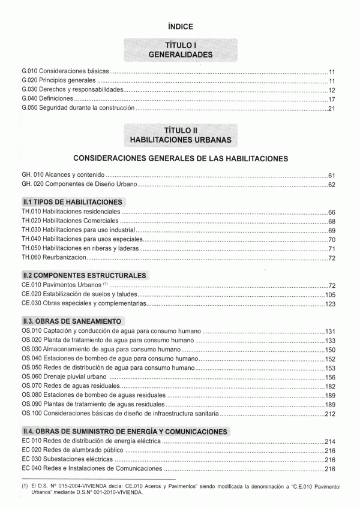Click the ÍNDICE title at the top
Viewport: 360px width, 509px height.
(x=180, y=26)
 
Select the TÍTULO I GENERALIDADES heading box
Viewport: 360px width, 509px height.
(x=180, y=50)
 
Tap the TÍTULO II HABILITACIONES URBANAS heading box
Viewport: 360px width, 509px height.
(x=180, y=134)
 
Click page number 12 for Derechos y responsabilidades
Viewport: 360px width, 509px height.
(x=331, y=90)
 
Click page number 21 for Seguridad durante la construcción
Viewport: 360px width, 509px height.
(x=331, y=109)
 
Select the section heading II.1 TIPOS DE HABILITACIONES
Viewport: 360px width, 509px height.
(x=72, y=202)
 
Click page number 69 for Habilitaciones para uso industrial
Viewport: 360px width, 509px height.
(x=331, y=230)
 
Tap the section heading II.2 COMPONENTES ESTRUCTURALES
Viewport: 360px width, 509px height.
(x=84, y=276)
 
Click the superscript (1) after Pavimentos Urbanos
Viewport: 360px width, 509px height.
(x=105, y=284)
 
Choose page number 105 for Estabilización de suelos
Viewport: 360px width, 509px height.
(x=329, y=295)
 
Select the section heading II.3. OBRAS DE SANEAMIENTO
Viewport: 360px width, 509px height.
(x=71, y=321)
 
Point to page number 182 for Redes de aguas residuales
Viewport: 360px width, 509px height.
(x=329, y=387)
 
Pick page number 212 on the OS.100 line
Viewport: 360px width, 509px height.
(x=329, y=414)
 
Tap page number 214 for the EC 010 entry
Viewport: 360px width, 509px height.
(x=329, y=441)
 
